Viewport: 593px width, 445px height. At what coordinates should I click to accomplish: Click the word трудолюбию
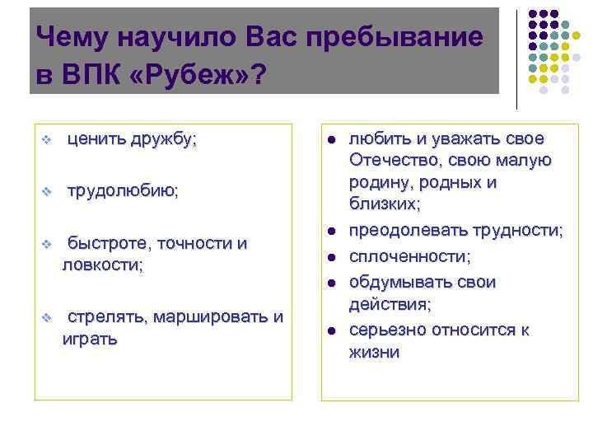[x=122, y=190]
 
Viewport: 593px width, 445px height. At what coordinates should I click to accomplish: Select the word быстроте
[x=108, y=243]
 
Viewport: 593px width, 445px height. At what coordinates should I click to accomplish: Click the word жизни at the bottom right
[x=375, y=353]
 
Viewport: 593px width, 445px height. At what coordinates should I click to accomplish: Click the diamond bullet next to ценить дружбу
[x=48, y=139]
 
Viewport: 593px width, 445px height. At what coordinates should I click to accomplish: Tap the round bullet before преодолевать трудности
[x=329, y=232]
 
